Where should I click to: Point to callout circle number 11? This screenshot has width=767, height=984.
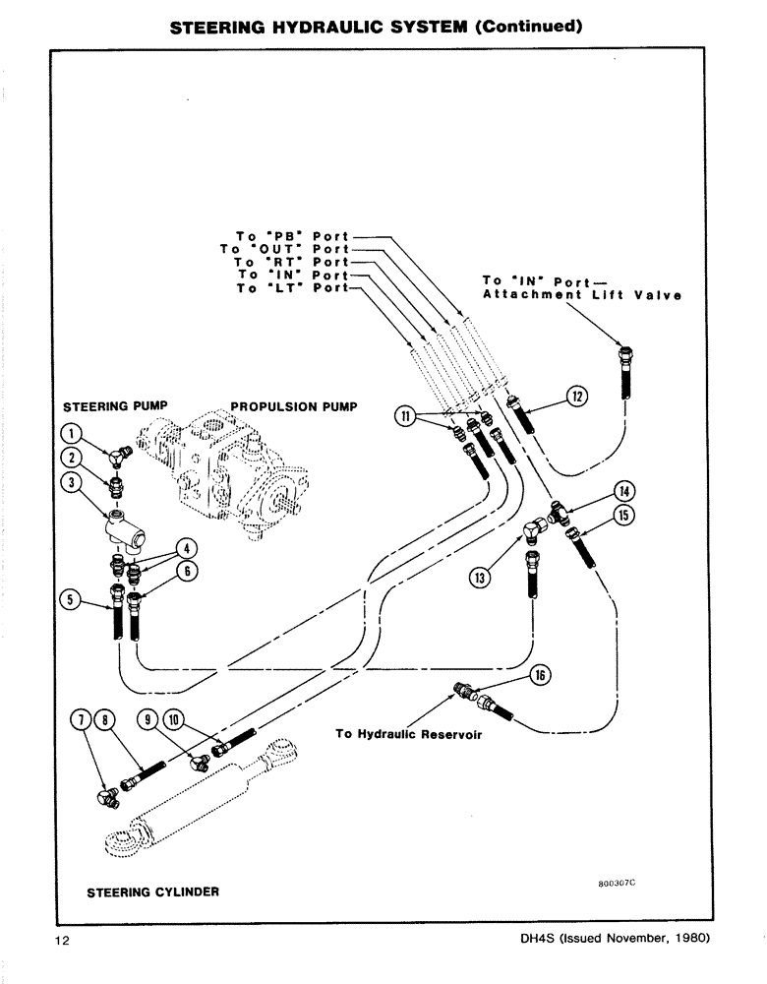pos(403,415)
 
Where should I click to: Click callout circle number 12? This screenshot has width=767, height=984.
pos(577,397)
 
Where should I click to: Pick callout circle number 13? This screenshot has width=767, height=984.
pos(479,578)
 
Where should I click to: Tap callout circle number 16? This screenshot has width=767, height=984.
pos(540,674)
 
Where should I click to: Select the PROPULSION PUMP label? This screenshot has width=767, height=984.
pos(293,405)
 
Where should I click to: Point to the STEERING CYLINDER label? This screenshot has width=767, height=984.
pos(152,892)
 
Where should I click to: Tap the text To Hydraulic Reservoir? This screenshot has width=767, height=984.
pos(408,733)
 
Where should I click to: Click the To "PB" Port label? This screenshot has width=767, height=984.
pos(292,236)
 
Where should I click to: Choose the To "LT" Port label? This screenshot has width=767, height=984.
pos(292,288)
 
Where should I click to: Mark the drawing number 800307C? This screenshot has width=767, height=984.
pos(618,884)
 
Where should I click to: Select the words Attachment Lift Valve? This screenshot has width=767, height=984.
pos(583,295)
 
